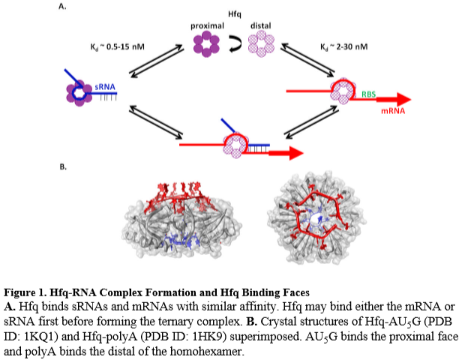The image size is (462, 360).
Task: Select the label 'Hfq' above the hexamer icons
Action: [233, 14]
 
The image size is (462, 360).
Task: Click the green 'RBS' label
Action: [369, 94]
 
